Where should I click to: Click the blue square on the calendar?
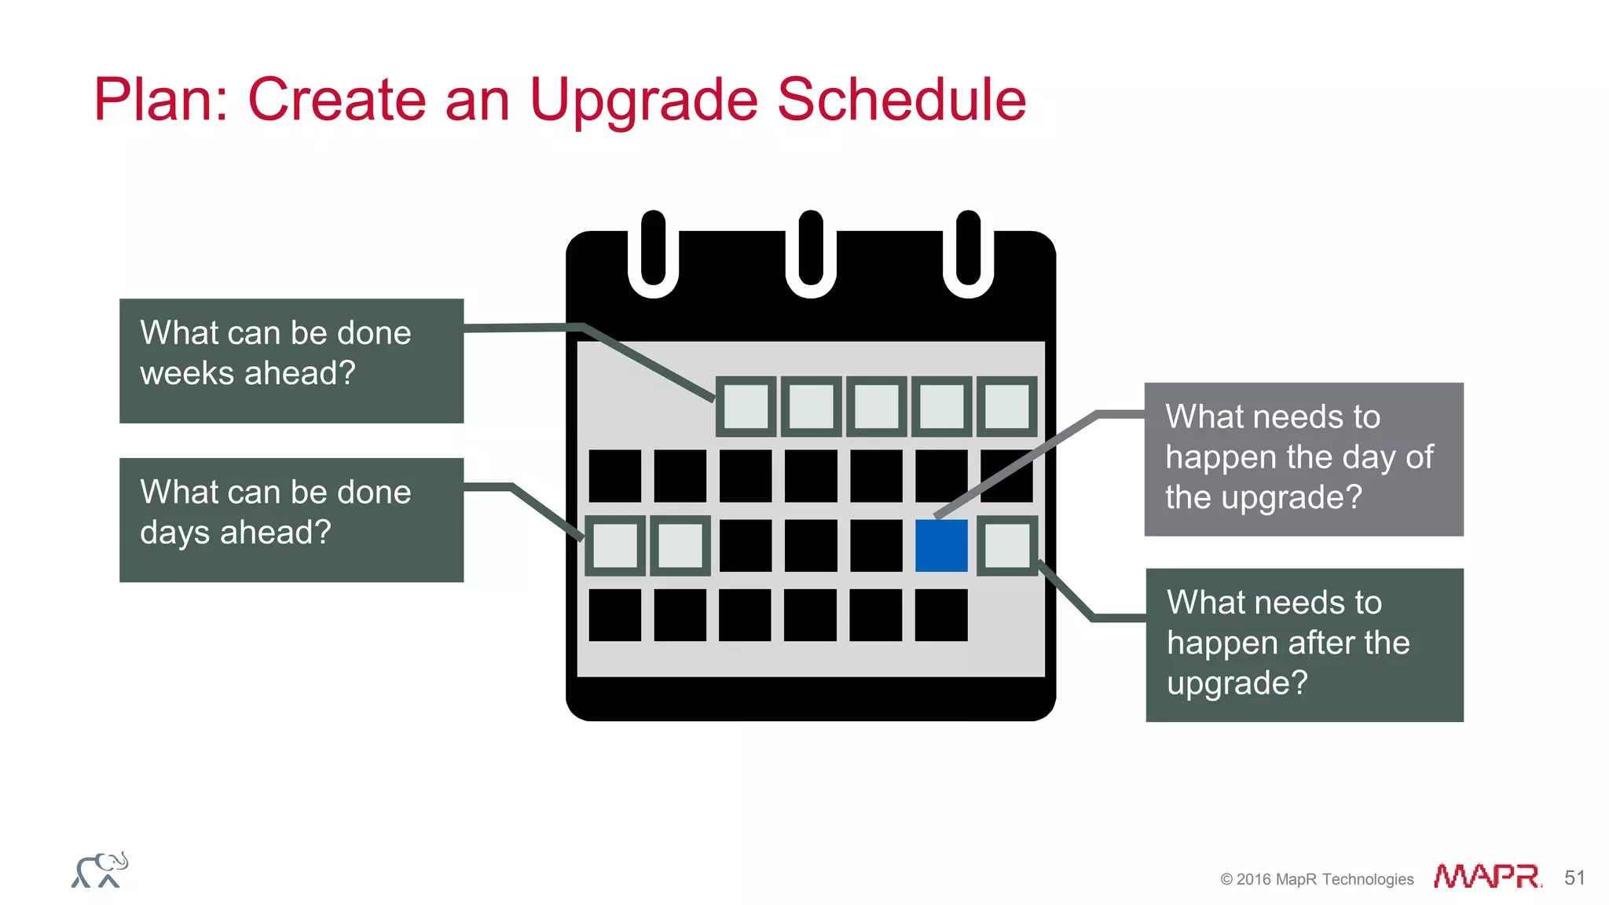pos(941,545)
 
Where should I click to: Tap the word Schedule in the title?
pos(901,100)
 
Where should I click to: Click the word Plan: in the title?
pos(160,100)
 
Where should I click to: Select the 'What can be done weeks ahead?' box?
pos(291,361)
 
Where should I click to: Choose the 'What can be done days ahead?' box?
pos(291,519)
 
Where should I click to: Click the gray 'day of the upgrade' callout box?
pos(1303,459)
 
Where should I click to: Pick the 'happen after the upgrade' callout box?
pos(1304,644)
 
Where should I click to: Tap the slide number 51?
pos(1574,878)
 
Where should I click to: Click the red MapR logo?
pos(1487,876)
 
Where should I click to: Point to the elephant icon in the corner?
pos(100,870)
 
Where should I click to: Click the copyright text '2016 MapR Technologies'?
pos(1317,879)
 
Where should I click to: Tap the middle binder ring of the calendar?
pos(811,253)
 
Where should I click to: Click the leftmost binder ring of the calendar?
pos(653,253)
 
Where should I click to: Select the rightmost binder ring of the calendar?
pos(969,253)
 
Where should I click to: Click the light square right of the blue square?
pos(1007,545)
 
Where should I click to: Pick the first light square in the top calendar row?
pos(746,406)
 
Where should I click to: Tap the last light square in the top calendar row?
pos(1007,406)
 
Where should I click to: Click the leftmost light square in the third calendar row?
pos(615,545)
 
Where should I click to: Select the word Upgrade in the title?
pos(644,100)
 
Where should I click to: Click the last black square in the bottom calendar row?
pos(941,615)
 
